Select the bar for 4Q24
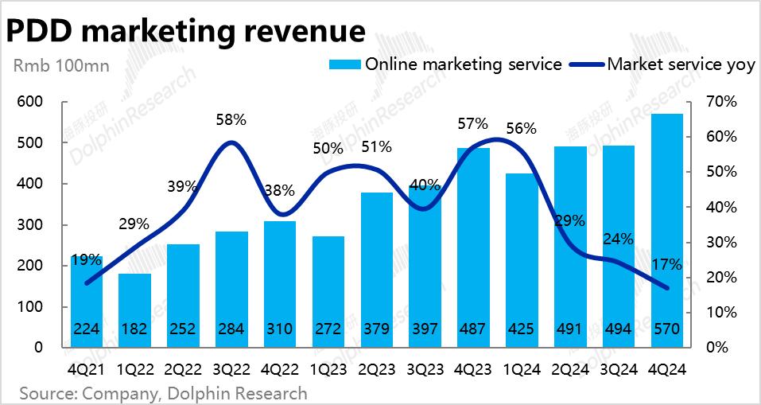point(666,231)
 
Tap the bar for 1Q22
point(134,310)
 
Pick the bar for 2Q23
point(376,271)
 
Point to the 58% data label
point(231,120)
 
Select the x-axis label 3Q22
point(231,369)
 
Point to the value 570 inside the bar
point(666,329)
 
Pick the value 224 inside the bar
point(87,329)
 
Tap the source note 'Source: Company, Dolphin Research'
point(163,393)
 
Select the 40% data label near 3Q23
point(425,185)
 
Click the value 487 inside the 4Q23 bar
point(472,329)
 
